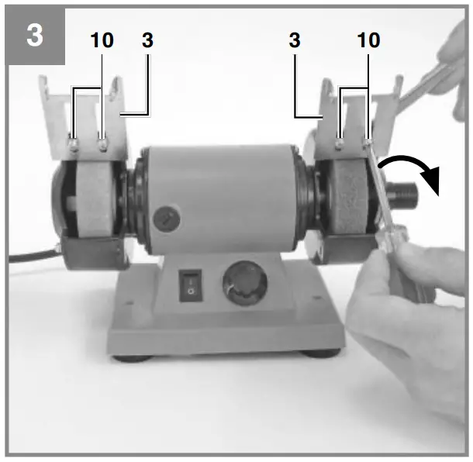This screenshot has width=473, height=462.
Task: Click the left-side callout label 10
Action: point(102,40)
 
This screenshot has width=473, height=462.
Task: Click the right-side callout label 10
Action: point(369,40)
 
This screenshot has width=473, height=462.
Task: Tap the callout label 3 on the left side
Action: point(147,40)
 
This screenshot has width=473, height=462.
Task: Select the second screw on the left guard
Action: point(102,141)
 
